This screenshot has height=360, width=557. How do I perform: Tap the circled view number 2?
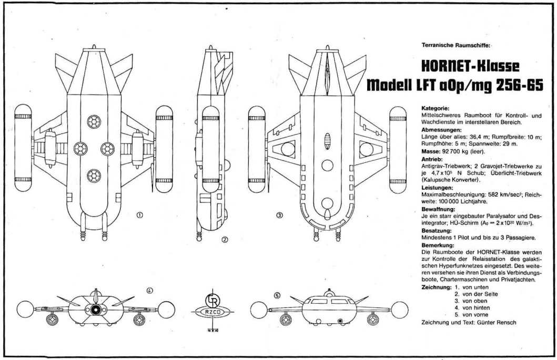pyautogui.click(x=224, y=241)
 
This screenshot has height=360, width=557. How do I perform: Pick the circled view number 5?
pyautogui.click(x=278, y=296)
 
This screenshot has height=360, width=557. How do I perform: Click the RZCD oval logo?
pyautogui.click(x=213, y=312)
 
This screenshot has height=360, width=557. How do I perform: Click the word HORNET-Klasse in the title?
pyautogui.click(x=471, y=66)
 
